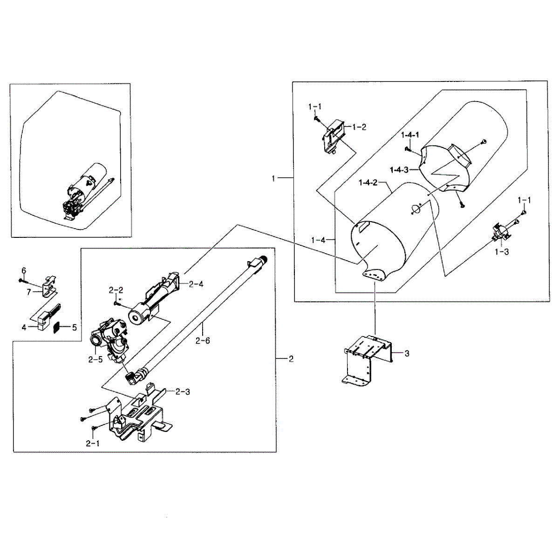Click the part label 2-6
[203, 341]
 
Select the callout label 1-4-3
[399, 169]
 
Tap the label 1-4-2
[368, 182]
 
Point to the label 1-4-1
[410, 135]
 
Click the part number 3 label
[407, 354]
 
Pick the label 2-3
[183, 391]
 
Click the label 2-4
[196, 283]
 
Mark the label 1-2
[359, 127]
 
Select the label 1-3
[502, 252]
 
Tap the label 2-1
[93, 444]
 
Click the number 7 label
[29, 292]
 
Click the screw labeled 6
[21, 280]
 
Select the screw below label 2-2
[116, 303]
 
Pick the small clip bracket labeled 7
[48, 286]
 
